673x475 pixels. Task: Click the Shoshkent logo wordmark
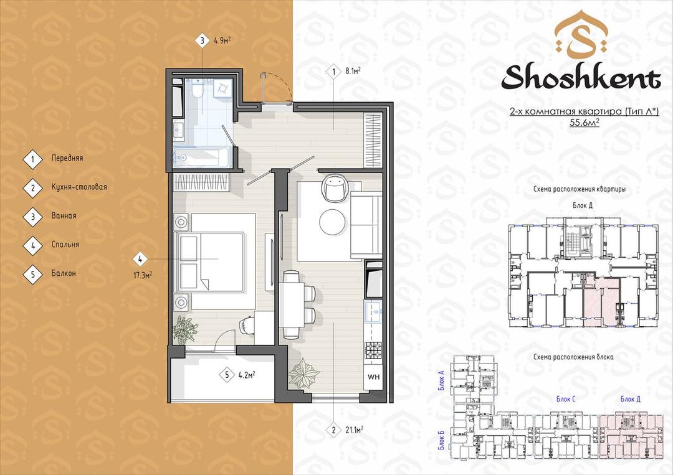point(581,78)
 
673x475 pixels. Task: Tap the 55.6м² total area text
point(584,123)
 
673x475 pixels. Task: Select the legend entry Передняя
point(67,158)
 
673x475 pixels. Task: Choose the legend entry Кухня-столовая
point(79,187)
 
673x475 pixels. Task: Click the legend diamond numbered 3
point(32,217)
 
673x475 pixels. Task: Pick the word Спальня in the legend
point(65,245)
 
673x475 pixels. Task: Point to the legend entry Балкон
point(64,273)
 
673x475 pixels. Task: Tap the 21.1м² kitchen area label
point(354,430)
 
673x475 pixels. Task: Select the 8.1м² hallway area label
point(353,71)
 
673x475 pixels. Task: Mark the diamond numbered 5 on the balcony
point(227,375)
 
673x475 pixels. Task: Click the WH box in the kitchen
point(373,377)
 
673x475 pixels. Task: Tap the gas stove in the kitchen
point(373,350)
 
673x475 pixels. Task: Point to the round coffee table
point(333,222)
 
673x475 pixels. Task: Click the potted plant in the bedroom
point(185,330)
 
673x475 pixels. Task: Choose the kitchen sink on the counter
point(373,311)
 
